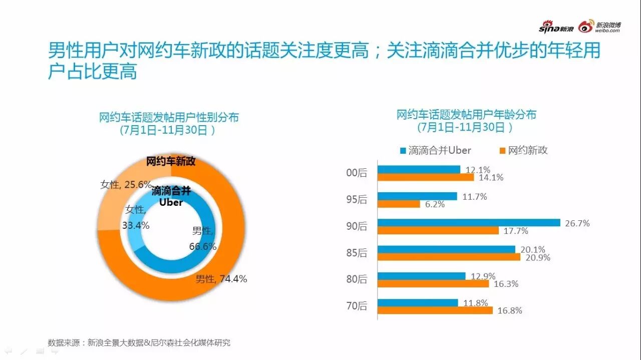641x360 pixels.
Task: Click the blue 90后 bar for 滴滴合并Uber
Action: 468,223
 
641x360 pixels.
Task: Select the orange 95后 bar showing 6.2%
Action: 399,204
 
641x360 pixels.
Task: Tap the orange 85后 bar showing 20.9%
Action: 449,257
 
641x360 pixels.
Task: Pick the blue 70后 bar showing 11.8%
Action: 418,302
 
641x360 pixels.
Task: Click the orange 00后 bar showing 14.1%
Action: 426,177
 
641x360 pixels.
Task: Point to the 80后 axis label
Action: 357,279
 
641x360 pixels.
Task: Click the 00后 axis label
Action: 357,173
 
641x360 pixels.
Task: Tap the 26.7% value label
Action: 577,223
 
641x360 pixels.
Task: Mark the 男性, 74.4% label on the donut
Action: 221,279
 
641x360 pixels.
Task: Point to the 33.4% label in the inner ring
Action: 135,225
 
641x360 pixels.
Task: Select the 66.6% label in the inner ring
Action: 203,246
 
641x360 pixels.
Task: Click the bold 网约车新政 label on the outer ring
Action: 171,162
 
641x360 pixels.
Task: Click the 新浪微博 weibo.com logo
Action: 599,27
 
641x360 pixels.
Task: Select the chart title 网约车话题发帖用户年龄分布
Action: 466,115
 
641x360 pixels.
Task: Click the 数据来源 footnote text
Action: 139,343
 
